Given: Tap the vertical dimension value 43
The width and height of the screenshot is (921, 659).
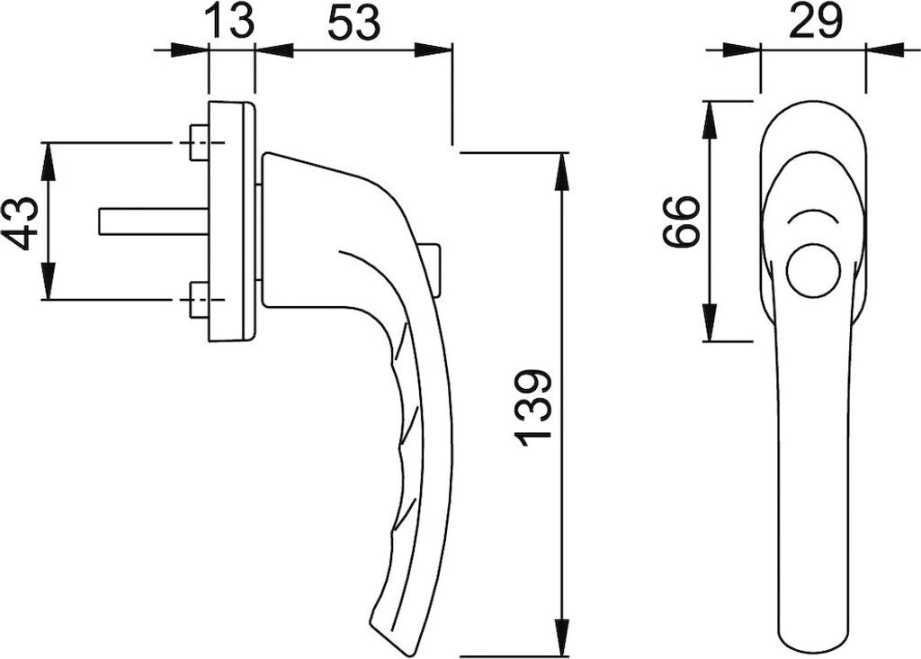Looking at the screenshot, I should click(x=21, y=222).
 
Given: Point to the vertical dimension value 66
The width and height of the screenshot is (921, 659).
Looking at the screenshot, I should click(x=681, y=221).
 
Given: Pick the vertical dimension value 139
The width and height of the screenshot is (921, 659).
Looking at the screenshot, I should click(x=534, y=407).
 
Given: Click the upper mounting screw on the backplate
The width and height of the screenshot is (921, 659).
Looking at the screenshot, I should click(x=199, y=142).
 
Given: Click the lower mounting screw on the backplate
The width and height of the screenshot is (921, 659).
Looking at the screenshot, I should click(x=199, y=300).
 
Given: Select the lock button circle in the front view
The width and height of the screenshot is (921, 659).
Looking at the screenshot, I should click(x=813, y=270).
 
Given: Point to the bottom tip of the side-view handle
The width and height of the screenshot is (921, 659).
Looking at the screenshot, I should click(x=396, y=643).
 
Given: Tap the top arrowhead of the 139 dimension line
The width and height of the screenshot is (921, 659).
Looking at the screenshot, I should click(x=562, y=170).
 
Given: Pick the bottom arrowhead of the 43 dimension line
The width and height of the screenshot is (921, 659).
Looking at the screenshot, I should click(x=48, y=283).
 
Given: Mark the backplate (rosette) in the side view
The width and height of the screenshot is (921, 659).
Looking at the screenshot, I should click(x=231, y=221).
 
